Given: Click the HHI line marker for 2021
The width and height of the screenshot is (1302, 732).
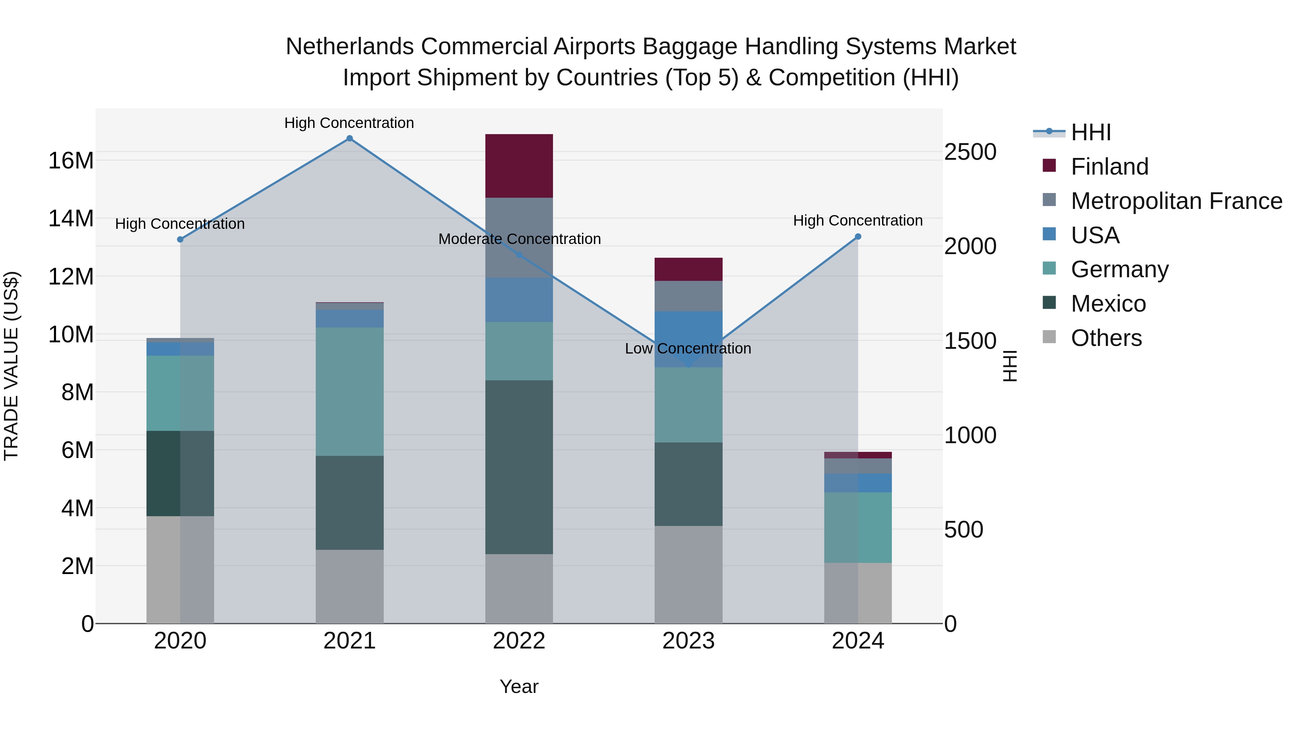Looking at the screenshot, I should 349,138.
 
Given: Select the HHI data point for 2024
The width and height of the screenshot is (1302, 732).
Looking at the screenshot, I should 858,236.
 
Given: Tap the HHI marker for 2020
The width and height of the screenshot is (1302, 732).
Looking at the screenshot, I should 180,239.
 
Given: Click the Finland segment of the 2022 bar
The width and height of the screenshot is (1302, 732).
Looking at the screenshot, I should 519,166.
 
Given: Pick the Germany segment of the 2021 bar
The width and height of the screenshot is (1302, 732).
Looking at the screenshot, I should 349,391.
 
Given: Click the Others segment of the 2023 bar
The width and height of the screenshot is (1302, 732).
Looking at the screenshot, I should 688,574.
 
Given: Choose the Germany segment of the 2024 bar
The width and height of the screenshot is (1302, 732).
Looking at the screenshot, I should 858,527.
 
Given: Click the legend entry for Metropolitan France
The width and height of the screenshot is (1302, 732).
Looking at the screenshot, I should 1176,201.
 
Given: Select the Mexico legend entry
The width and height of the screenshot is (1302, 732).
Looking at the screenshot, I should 1108,304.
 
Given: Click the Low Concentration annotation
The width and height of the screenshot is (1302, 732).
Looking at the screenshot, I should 688,348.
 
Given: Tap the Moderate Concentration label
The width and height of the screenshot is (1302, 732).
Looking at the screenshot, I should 519,239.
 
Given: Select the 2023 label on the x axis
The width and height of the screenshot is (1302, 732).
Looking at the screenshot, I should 688,641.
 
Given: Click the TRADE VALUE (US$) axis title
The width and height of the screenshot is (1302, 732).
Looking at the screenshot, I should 11,366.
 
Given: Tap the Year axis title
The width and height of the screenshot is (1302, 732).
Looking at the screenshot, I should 519,686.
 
